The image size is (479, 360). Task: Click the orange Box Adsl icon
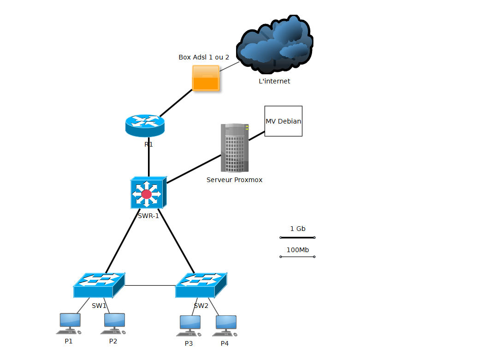point(205,78)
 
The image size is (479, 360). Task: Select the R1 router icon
point(145,125)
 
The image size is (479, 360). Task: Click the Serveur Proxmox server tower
point(235,148)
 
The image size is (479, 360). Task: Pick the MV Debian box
point(283,121)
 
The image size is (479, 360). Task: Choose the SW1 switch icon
point(99,285)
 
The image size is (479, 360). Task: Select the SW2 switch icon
point(201,285)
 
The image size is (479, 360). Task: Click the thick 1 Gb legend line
point(297,238)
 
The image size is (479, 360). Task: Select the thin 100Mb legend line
point(297,257)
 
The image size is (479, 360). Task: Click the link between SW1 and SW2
point(150,285)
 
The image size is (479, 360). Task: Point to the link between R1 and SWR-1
point(148,157)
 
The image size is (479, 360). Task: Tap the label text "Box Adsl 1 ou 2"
point(204,57)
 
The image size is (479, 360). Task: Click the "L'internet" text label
point(274,81)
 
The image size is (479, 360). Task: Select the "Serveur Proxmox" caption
point(234,180)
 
